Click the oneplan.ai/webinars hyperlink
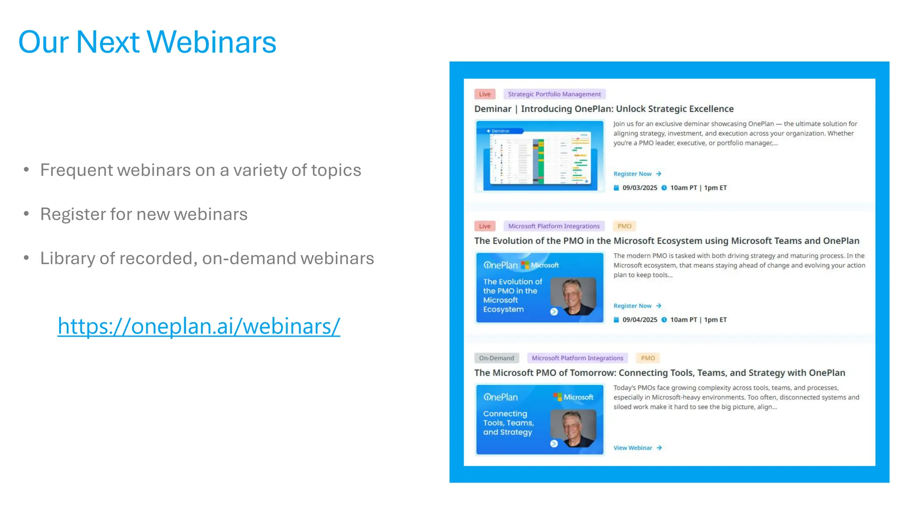coord(199,327)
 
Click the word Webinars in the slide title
coord(211,42)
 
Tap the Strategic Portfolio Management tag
coord(554,94)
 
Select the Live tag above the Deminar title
coord(485,94)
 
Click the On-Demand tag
coord(496,358)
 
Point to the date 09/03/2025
coord(639,188)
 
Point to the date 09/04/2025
coord(639,320)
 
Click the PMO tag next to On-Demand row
coord(648,358)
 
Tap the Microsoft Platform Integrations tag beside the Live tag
coord(554,226)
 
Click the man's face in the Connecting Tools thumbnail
coord(572,425)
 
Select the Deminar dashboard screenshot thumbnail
coord(540,156)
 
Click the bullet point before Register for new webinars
coord(27,214)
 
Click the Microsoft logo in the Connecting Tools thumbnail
coord(558,397)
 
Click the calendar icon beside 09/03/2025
coord(616,188)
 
